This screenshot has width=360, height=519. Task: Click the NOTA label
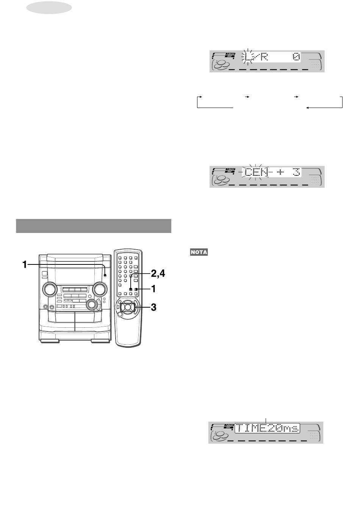point(199,252)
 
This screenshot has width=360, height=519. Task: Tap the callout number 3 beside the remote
point(153,308)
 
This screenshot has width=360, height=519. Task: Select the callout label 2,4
point(158,274)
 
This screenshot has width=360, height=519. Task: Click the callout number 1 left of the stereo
point(25,264)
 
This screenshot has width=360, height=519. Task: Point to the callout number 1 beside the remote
point(153,289)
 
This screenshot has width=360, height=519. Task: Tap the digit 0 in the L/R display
point(296,56)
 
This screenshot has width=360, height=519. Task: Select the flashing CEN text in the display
point(256,172)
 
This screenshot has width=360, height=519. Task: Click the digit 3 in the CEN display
point(296,172)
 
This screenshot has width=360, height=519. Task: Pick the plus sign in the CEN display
point(280,172)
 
